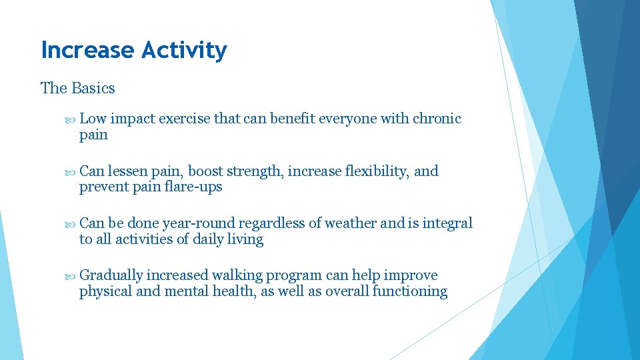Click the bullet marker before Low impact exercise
(x=71, y=119)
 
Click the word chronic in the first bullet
(x=437, y=119)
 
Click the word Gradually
(x=111, y=275)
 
